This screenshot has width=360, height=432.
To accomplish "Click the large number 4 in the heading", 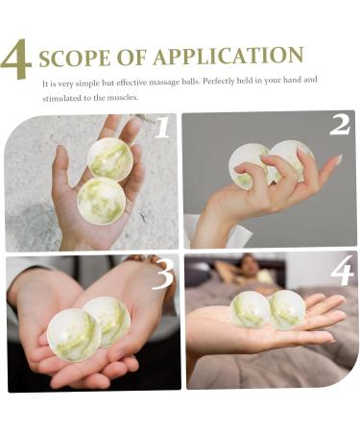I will point(16,60).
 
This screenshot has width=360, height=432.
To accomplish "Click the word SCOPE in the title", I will point(71,57).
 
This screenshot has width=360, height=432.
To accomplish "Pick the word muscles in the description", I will point(124,97).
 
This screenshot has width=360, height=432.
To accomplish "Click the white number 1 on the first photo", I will point(162,128).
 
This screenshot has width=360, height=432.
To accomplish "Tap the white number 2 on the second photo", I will point(339,125).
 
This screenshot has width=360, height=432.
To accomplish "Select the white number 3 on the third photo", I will point(162,275).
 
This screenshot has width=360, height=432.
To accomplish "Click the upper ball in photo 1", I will point(110,159).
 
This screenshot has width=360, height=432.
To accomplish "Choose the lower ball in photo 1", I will point(101,200).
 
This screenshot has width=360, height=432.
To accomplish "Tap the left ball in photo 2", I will point(250,163).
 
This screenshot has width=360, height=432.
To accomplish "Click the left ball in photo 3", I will point(73,333).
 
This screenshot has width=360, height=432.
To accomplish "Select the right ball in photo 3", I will point(108,320).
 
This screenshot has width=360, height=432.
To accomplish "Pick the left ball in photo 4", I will point(250,309).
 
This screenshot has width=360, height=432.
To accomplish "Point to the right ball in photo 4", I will point(286,309).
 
